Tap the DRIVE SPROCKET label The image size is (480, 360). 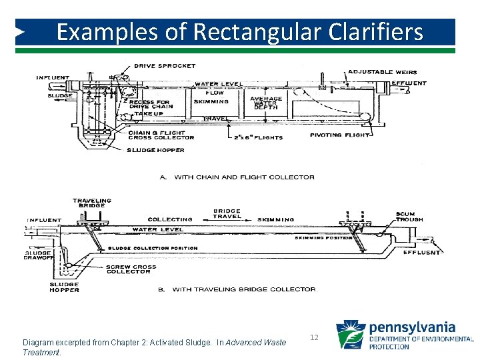pyautogui.click(x=165, y=65)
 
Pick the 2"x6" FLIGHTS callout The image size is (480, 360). pyautogui.click(x=258, y=137)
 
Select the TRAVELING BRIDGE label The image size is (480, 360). pyautogui.click(x=92, y=203)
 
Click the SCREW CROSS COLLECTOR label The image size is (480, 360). pyautogui.click(x=131, y=269)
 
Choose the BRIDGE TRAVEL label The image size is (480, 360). pyautogui.click(x=227, y=214)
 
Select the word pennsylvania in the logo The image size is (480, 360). pyautogui.click(x=412, y=327)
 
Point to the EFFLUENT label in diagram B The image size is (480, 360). pyautogui.click(x=422, y=253)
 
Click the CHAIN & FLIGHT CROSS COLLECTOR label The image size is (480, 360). pyautogui.click(x=161, y=135)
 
